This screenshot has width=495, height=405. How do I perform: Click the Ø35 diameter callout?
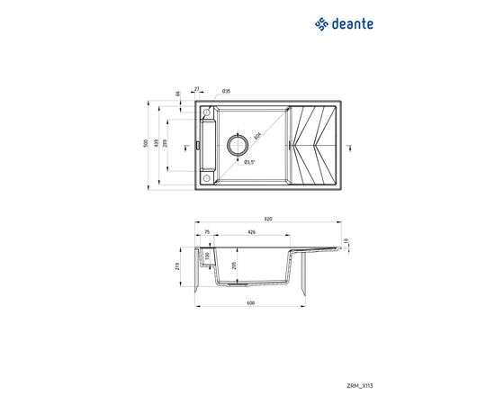coord(226,92)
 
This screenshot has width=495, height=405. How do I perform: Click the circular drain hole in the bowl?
coord(239,143)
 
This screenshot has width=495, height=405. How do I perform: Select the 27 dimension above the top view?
coord(199,91)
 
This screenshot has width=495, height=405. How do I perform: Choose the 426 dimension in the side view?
coord(251,231)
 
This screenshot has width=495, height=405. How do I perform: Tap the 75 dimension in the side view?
coord(206,231)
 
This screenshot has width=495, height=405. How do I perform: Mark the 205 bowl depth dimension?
coord(235,265)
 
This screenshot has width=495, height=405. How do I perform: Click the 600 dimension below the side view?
coord(250,302)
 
